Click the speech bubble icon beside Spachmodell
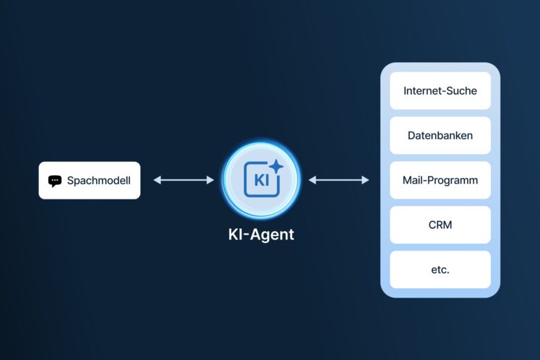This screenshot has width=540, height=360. (55, 181)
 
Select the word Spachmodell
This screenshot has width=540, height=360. (98, 181)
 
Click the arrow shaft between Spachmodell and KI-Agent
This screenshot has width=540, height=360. (183, 180)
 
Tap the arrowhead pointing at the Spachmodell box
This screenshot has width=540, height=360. (156, 180)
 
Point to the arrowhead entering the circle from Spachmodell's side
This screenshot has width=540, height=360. (211, 180)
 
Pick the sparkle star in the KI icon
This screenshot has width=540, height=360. (276, 167)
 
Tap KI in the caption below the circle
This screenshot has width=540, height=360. (235, 235)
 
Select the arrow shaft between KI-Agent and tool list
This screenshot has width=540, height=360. (339, 180)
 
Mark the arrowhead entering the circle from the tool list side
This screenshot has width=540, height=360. (312, 180)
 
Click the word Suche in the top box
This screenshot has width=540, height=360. (461, 91)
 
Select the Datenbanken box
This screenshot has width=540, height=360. (440, 136)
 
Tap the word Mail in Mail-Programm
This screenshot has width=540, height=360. (413, 180)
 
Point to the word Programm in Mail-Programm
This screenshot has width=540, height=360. (453, 180)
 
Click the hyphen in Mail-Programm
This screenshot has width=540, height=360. (427, 181)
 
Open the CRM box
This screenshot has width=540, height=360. (440, 225)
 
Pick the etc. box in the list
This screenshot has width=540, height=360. (440, 269)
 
